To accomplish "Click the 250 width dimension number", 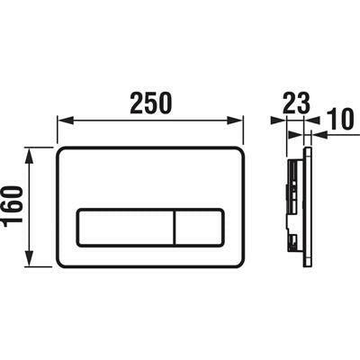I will [151, 103].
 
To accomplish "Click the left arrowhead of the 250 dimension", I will [63, 120].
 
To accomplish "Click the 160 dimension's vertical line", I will [33, 207].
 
